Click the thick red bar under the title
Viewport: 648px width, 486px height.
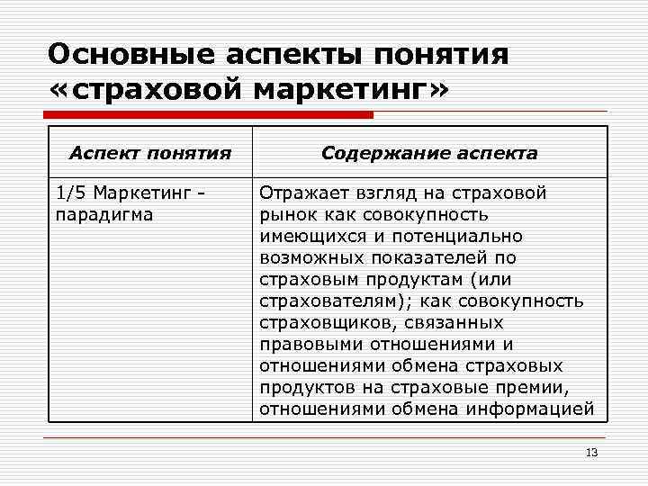211,115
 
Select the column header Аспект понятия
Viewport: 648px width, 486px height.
150,153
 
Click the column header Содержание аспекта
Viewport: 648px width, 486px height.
429,153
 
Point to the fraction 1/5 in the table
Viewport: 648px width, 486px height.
71,193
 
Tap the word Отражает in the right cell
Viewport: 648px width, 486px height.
301,193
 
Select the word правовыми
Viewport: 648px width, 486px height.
305,344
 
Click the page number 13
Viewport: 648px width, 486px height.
591,452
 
